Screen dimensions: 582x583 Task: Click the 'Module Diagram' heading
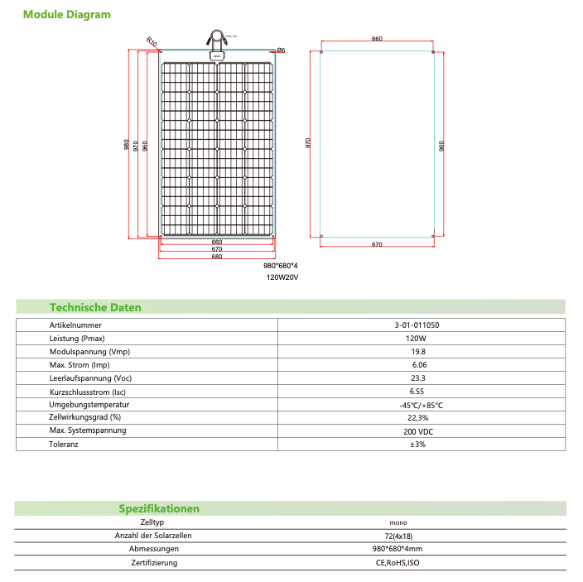point(67,15)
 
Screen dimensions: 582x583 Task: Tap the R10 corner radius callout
point(151,41)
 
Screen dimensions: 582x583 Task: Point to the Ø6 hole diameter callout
point(281,51)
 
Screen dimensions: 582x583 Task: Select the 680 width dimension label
point(217,257)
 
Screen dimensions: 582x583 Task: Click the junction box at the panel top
point(217,55)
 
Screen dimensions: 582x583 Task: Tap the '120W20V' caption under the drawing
point(282,278)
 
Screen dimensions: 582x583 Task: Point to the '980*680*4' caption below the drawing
point(280,266)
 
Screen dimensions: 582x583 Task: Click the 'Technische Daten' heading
point(95,307)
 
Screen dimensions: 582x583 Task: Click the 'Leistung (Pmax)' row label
point(77,339)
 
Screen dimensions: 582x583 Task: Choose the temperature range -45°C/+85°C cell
point(421,405)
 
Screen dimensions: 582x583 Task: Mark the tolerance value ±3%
point(417,445)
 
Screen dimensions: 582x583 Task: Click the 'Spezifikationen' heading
point(159,508)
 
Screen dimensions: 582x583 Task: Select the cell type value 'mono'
point(398,523)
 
